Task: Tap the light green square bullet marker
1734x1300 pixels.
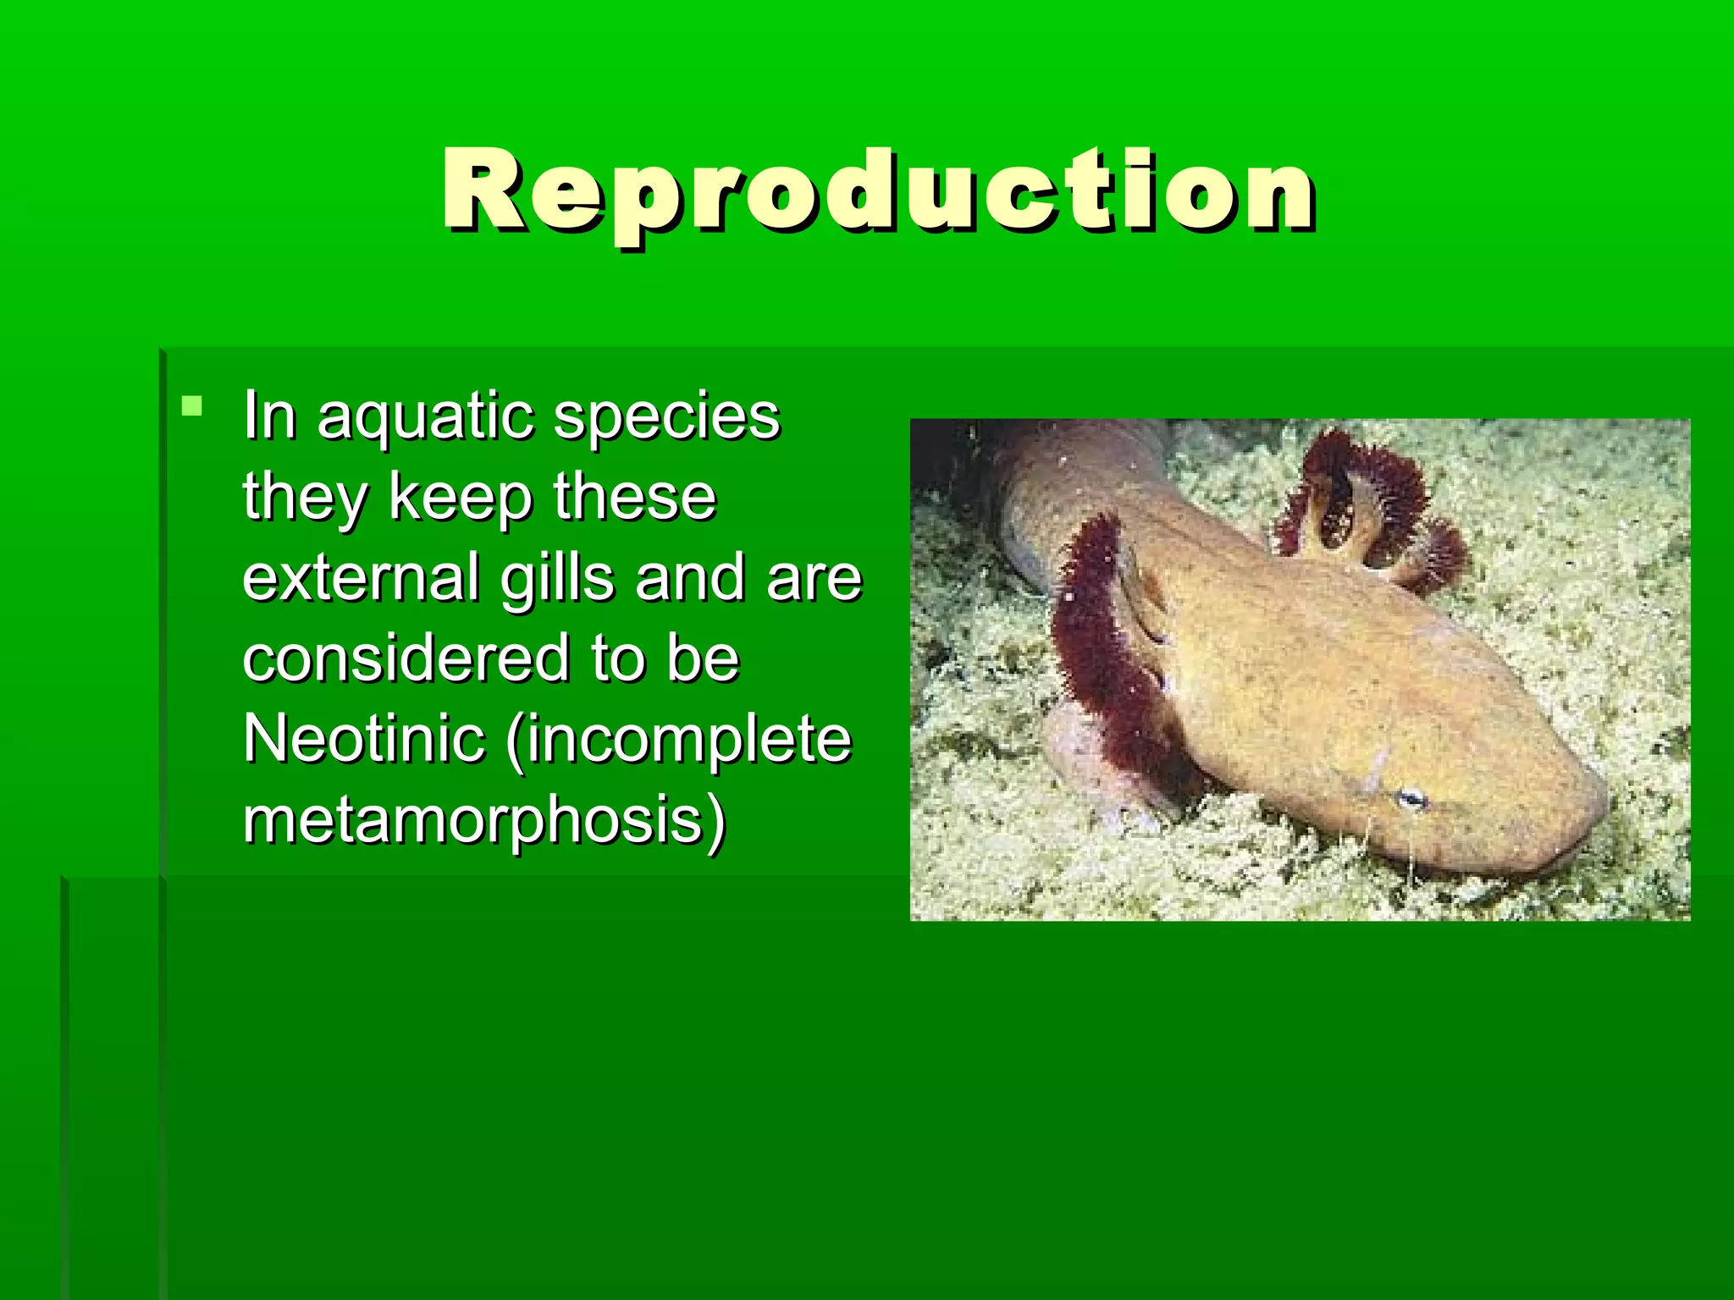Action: (x=192, y=406)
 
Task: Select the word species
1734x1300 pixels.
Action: (x=666, y=418)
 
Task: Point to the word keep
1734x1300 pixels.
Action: (x=461, y=498)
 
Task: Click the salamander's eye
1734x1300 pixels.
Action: (x=1411, y=798)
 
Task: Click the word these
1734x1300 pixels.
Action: (x=635, y=498)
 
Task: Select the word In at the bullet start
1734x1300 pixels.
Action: (x=269, y=416)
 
